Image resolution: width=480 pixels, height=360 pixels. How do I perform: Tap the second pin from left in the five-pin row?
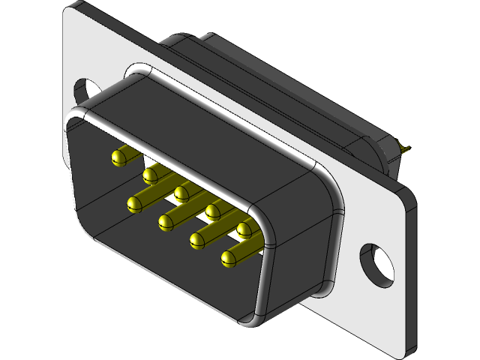click(x=150, y=175)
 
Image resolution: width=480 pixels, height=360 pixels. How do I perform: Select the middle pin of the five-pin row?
click(x=181, y=193)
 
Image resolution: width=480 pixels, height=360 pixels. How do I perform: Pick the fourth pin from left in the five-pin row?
click(x=212, y=210)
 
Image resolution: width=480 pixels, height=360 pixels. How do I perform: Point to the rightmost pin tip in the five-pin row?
click(x=243, y=228)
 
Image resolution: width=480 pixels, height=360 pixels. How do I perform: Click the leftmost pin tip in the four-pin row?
click(x=135, y=203)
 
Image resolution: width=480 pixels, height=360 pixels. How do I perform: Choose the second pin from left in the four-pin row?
click(x=166, y=221)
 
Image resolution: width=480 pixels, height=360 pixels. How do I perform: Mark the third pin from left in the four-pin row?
click(x=197, y=240)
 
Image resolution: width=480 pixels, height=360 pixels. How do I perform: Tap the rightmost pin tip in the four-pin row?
click(x=229, y=259)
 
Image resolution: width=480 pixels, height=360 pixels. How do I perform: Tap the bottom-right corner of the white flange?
click(x=409, y=349)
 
